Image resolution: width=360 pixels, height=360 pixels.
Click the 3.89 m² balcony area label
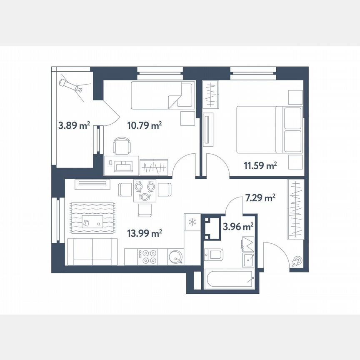point(73,125)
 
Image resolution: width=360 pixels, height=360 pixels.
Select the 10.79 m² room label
point(145,125)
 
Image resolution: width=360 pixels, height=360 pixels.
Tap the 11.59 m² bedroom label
point(260,166)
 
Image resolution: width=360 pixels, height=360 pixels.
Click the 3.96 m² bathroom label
point(239,227)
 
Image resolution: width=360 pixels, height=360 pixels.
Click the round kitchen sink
point(175,256)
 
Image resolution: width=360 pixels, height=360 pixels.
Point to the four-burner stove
point(149,256)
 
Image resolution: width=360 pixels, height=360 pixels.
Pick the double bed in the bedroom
point(269,130)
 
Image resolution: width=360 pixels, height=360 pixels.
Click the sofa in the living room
point(92,252)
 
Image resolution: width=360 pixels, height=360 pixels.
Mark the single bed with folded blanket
point(162,95)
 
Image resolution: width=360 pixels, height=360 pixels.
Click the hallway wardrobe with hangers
point(295,209)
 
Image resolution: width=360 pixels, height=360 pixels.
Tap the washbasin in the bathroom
point(249,260)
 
